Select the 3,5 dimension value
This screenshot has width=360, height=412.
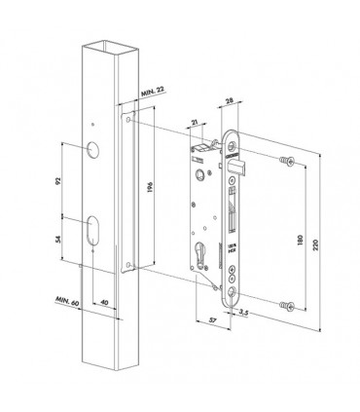tap(249, 315)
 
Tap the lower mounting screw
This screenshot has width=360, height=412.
tap(285, 306)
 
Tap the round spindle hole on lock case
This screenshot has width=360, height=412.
tap(200, 176)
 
